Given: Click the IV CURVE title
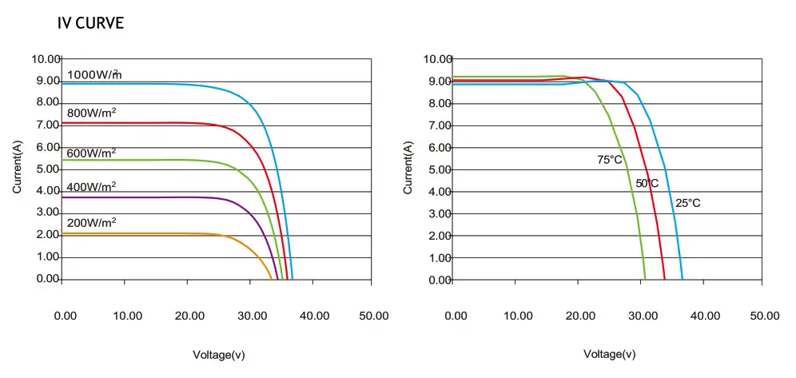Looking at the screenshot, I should (x=90, y=23).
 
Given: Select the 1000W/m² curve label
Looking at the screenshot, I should (x=94, y=75).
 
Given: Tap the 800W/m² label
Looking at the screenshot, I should (x=92, y=113).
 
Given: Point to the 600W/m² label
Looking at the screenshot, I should (x=92, y=152).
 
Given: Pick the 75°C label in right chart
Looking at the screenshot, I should (x=610, y=160).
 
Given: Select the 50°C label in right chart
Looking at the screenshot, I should (x=647, y=184).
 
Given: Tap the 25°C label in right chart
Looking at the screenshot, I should (x=687, y=203).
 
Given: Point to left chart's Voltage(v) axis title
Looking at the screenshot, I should (x=220, y=353).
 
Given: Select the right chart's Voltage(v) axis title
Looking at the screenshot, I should (x=610, y=353).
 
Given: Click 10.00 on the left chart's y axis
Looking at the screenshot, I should (x=46, y=59).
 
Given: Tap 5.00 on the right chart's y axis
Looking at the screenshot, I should (x=439, y=170).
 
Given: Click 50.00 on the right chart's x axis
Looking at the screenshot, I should (x=763, y=316).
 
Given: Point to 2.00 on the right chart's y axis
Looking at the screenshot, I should (x=439, y=237).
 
